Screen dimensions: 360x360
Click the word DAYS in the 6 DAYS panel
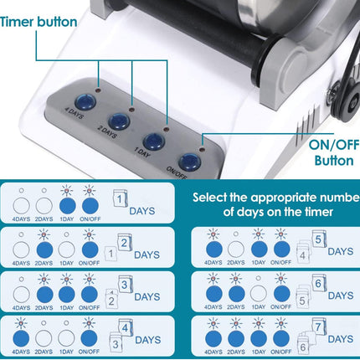pos(342,294)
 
